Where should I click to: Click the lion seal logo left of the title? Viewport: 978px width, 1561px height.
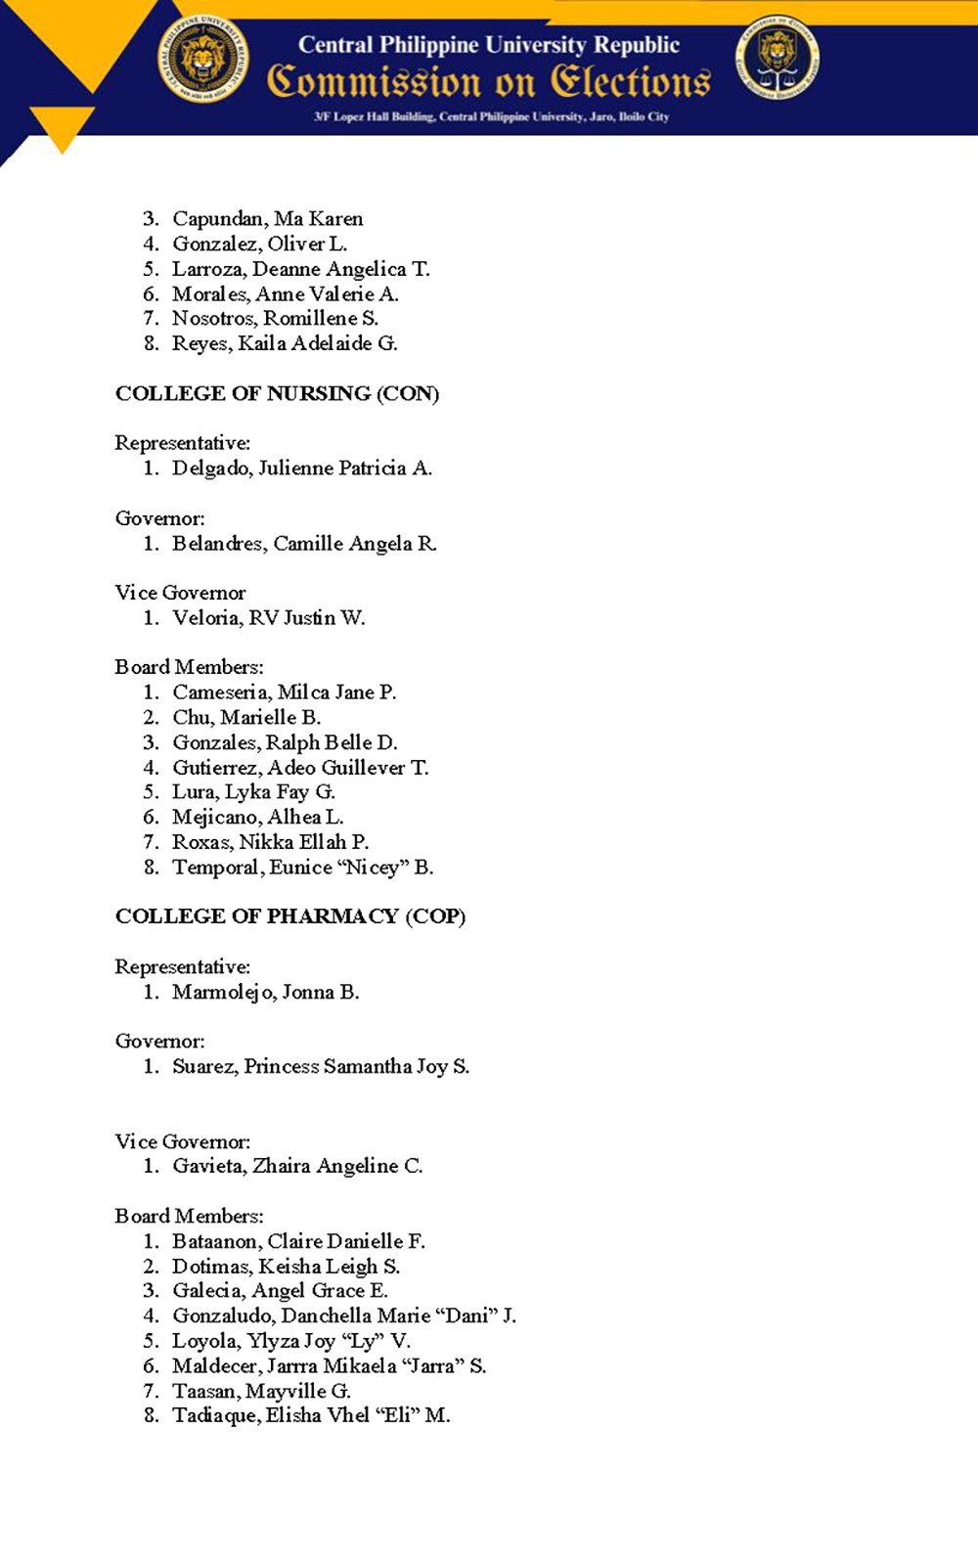point(203,59)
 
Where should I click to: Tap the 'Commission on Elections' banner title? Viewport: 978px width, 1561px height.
point(489,81)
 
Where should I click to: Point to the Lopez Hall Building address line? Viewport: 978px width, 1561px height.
point(491,116)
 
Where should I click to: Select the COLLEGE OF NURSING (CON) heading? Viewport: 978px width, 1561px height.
point(277,393)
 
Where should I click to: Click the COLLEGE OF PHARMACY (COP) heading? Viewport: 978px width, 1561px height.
point(289,916)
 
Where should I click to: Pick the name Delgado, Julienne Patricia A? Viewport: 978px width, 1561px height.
point(301,468)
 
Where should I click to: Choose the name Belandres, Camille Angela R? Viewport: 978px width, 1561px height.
point(304,544)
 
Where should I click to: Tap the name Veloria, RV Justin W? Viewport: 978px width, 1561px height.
point(268,618)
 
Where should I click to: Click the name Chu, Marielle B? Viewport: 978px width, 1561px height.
point(246,718)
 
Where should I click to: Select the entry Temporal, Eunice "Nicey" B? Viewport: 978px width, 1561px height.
point(302,868)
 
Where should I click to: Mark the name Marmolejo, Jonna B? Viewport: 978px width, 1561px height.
point(265,993)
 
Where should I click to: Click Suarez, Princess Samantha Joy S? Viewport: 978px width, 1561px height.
point(321,1067)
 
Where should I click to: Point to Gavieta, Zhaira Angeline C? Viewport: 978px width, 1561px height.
point(297,1166)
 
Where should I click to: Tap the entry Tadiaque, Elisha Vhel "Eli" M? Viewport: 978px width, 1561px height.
point(311,1416)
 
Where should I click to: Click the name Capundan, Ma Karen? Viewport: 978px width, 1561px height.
point(267,219)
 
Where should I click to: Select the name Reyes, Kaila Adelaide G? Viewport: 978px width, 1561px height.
point(285,343)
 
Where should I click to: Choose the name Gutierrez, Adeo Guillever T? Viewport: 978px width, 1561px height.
point(300,768)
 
